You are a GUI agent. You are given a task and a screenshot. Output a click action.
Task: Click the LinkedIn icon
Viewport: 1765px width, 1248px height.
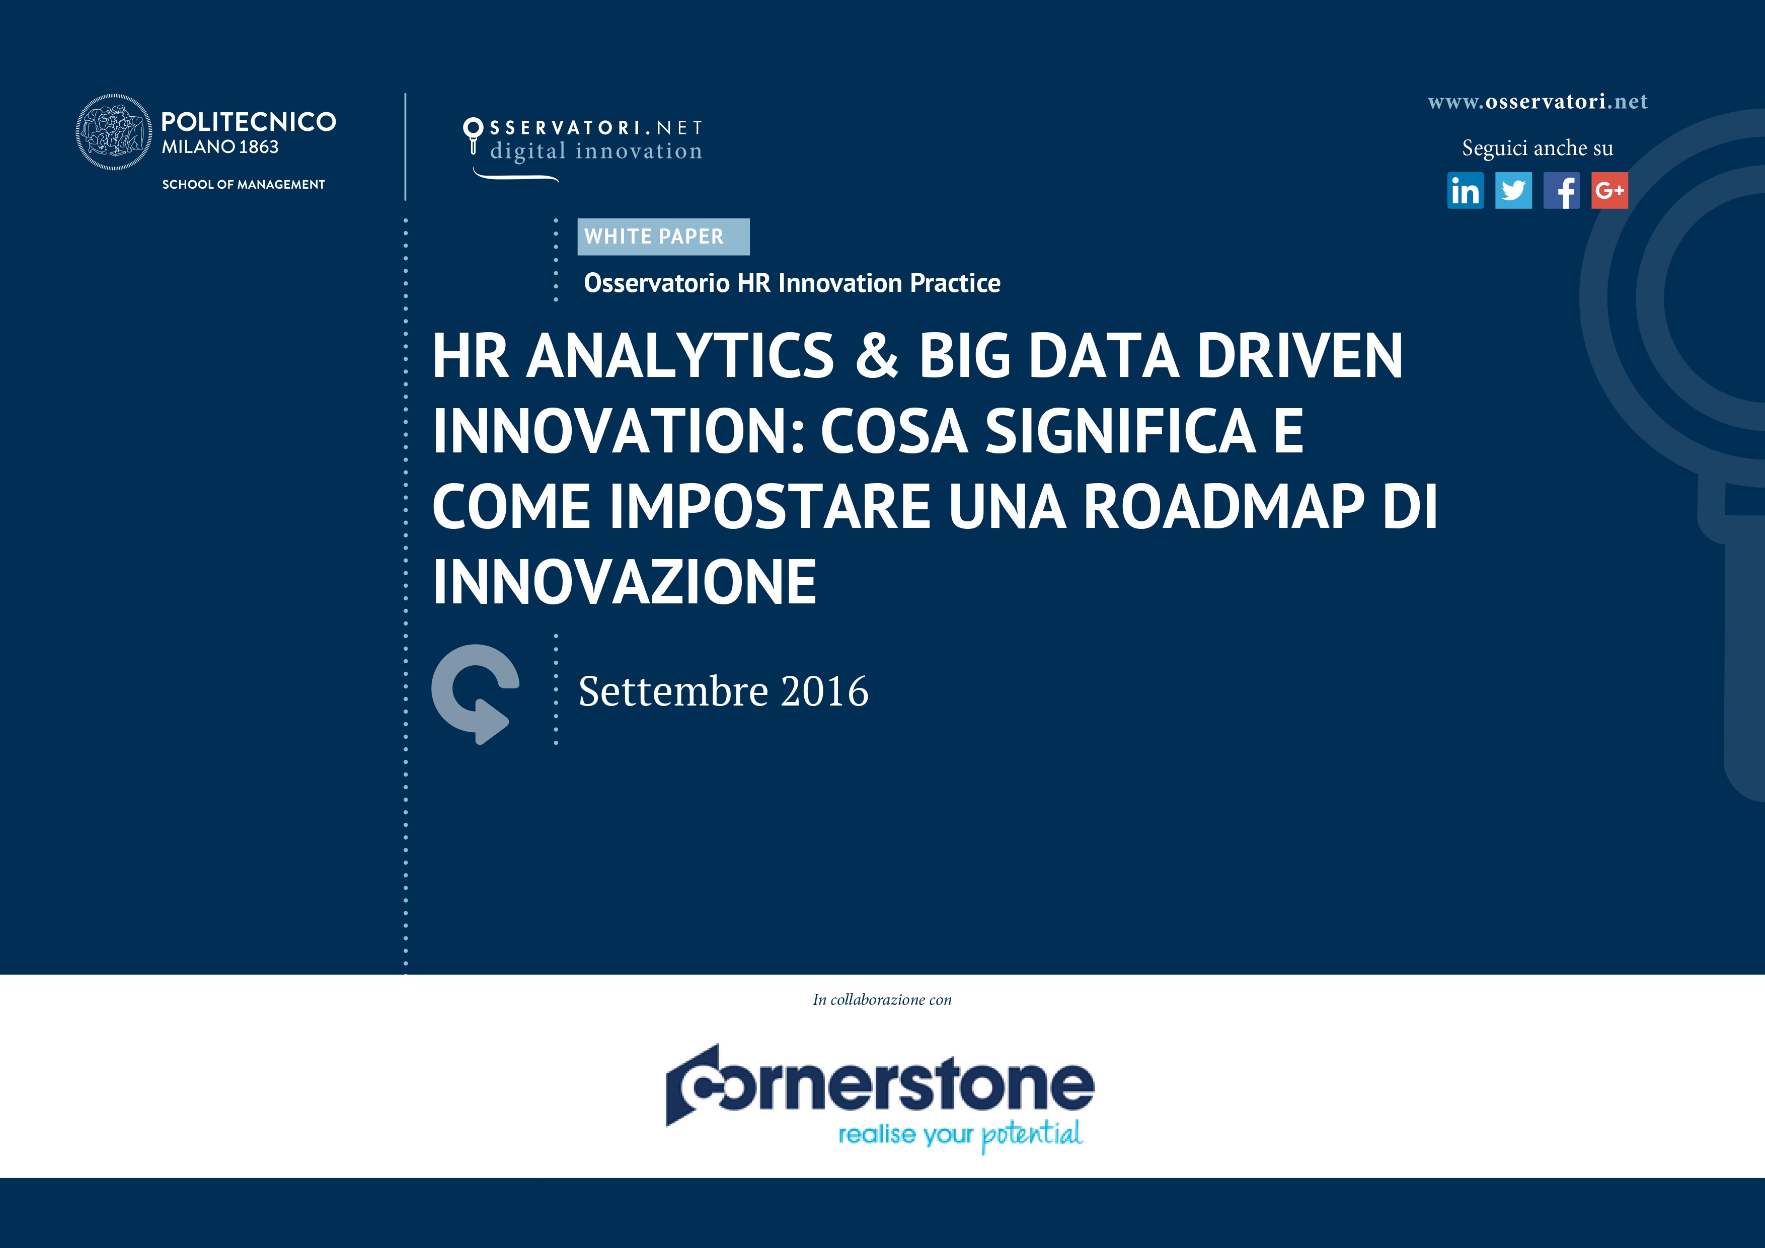point(1465,191)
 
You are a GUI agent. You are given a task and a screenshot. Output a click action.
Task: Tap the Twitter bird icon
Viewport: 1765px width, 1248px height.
point(1513,191)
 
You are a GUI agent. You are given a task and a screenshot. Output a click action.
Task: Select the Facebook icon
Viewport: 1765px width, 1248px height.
point(1561,191)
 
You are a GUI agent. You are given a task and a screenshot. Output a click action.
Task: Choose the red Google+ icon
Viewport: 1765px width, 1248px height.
point(1609,191)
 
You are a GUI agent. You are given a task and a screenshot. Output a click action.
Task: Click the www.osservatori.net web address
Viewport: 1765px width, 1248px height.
point(1538,102)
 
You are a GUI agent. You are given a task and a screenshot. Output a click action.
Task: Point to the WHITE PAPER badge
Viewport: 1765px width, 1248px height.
point(663,237)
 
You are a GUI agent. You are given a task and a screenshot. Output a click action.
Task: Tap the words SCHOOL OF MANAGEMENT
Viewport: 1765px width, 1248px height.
point(243,185)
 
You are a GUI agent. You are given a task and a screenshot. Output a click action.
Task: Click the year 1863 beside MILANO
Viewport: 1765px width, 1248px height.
point(259,147)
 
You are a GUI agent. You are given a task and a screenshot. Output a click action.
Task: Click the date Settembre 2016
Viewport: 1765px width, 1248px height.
point(723,691)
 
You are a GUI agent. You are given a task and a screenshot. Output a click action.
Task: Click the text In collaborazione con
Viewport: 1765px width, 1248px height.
point(882,1000)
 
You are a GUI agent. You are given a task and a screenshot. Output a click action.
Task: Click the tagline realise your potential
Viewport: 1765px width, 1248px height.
point(960,1135)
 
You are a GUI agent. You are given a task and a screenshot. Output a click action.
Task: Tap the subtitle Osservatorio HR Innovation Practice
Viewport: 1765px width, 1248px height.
point(792,283)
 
